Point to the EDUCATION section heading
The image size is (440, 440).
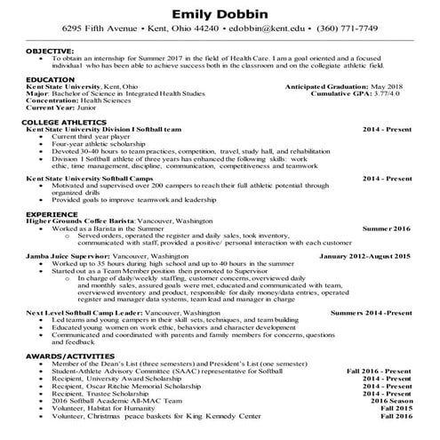click(x=51, y=79)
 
